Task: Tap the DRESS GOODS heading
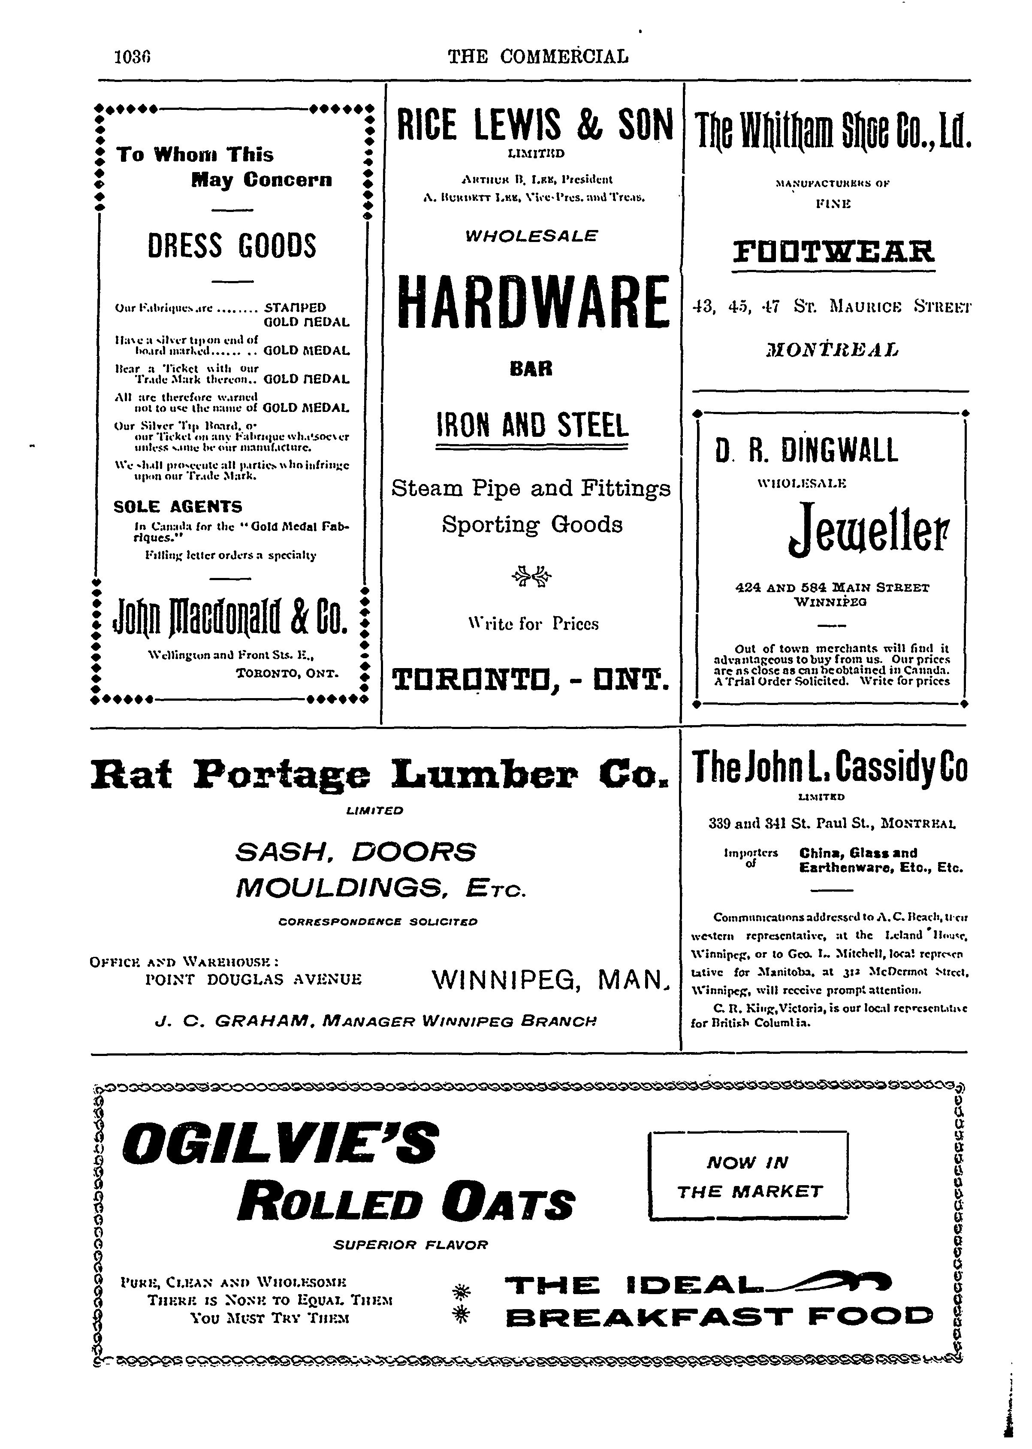231,246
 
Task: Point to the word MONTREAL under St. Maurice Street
833,350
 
